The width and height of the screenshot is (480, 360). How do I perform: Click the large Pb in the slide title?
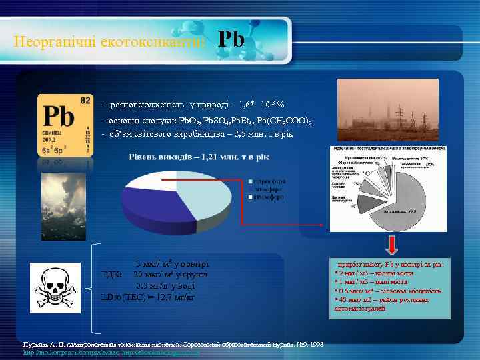[x=231, y=40]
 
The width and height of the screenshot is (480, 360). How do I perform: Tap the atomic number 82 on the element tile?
[x=85, y=100]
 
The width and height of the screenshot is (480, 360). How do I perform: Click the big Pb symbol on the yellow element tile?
[x=58, y=117]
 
